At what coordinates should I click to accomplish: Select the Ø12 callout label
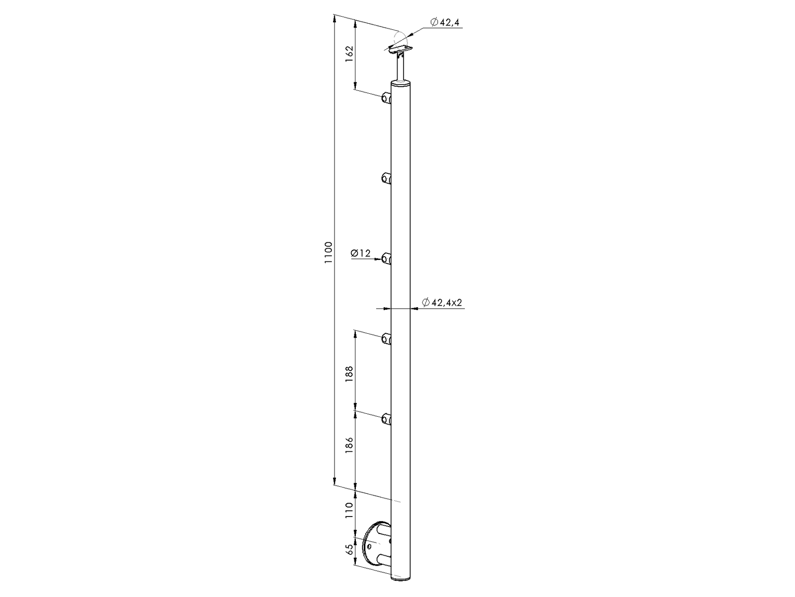click(361, 254)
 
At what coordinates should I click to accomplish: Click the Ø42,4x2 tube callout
click(442, 303)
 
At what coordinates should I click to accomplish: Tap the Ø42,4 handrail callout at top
click(445, 22)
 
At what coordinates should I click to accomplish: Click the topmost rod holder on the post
click(387, 98)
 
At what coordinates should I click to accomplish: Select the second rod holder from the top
click(387, 178)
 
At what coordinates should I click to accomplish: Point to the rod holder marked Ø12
click(387, 259)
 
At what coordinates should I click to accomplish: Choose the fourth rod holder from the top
click(387, 339)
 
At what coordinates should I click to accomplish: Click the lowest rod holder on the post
click(387, 419)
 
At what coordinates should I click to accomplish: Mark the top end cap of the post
click(401, 84)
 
